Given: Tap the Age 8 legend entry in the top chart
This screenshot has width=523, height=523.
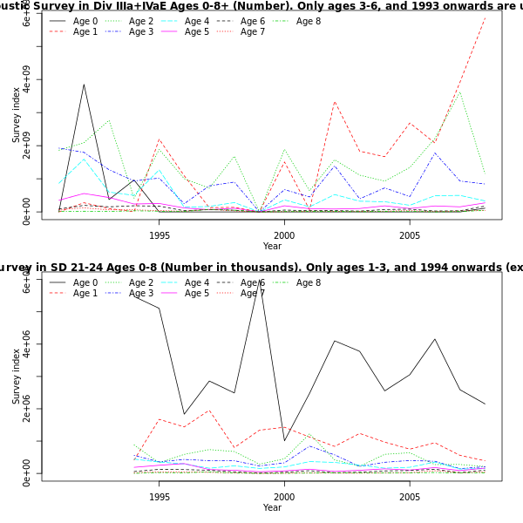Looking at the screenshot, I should pyautogui.click(x=310, y=20).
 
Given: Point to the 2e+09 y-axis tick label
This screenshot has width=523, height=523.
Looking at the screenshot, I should pyautogui.click(x=27, y=149).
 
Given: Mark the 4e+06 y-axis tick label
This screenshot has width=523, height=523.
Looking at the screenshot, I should pyautogui.click(x=27, y=344).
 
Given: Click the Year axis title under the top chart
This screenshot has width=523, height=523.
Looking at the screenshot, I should pyautogui.click(x=272, y=247).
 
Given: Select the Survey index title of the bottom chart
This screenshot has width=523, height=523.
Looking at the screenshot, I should pyautogui.click(x=17, y=377).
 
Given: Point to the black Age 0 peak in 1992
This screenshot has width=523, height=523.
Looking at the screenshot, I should pyautogui.click(x=84, y=85).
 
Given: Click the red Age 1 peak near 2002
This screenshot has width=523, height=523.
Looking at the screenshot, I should pyautogui.click(x=335, y=101).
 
